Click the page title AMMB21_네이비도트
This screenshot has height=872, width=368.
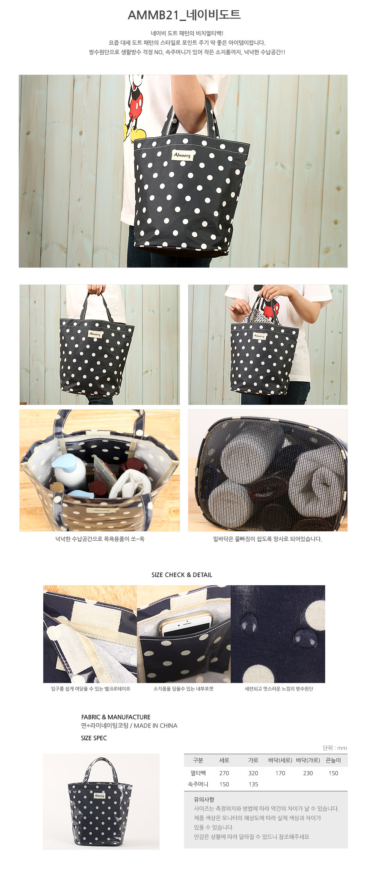point(184,15)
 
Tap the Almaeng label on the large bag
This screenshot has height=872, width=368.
point(183,155)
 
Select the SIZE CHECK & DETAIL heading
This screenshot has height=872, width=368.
point(182,575)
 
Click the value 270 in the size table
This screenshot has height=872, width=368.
point(224,773)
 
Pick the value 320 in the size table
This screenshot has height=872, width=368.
point(253,773)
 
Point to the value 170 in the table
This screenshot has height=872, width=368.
point(280,773)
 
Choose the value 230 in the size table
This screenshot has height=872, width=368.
point(308,773)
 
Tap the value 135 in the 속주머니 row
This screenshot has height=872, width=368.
point(253,784)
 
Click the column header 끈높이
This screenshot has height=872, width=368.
point(333,760)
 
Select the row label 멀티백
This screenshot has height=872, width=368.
point(198,773)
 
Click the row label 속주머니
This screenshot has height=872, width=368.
point(198,784)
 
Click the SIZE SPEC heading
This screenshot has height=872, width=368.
point(94,738)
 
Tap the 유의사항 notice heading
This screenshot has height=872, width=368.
point(204,800)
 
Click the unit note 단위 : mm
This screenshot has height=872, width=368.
point(335,748)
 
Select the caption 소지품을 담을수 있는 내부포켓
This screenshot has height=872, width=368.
point(184,689)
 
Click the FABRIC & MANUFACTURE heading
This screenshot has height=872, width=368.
point(116,717)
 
